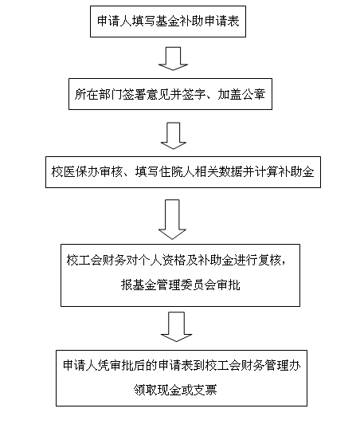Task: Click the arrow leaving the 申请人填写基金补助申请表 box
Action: (173, 58)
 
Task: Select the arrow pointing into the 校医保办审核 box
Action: (174, 135)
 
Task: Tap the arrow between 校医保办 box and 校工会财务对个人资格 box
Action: (172, 219)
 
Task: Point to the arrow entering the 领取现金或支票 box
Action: (176, 327)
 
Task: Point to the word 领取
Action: (146, 390)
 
